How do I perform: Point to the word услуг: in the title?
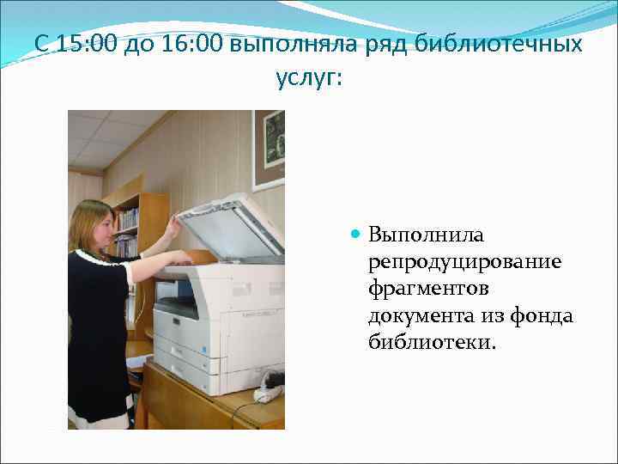(308, 77)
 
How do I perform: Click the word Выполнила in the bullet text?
(427, 234)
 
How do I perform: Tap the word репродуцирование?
(464, 261)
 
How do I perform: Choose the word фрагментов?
(428, 289)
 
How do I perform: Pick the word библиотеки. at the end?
(432, 344)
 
